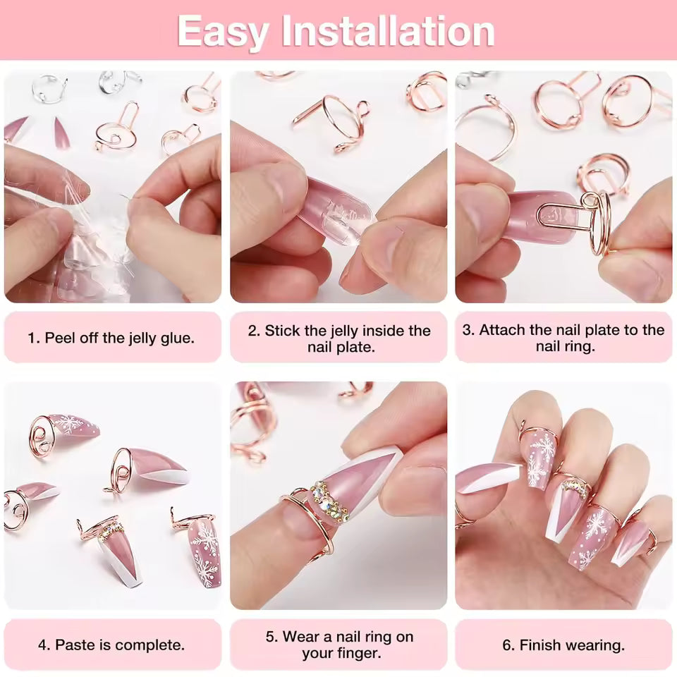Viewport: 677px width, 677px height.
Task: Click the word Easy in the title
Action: click(x=224, y=31)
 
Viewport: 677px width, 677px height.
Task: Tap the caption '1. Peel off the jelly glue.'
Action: click(x=111, y=338)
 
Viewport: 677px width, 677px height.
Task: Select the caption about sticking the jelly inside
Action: click(x=338, y=338)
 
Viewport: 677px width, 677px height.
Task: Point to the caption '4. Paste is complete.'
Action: click(x=111, y=645)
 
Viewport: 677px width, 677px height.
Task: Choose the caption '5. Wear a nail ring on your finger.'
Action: click(x=338, y=645)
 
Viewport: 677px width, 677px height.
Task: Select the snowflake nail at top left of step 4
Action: click(x=71, y=426)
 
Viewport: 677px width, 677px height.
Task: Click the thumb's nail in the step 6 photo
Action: click(x=487, y=477)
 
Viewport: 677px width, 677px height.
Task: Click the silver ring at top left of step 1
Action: click(x=49, y=89)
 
